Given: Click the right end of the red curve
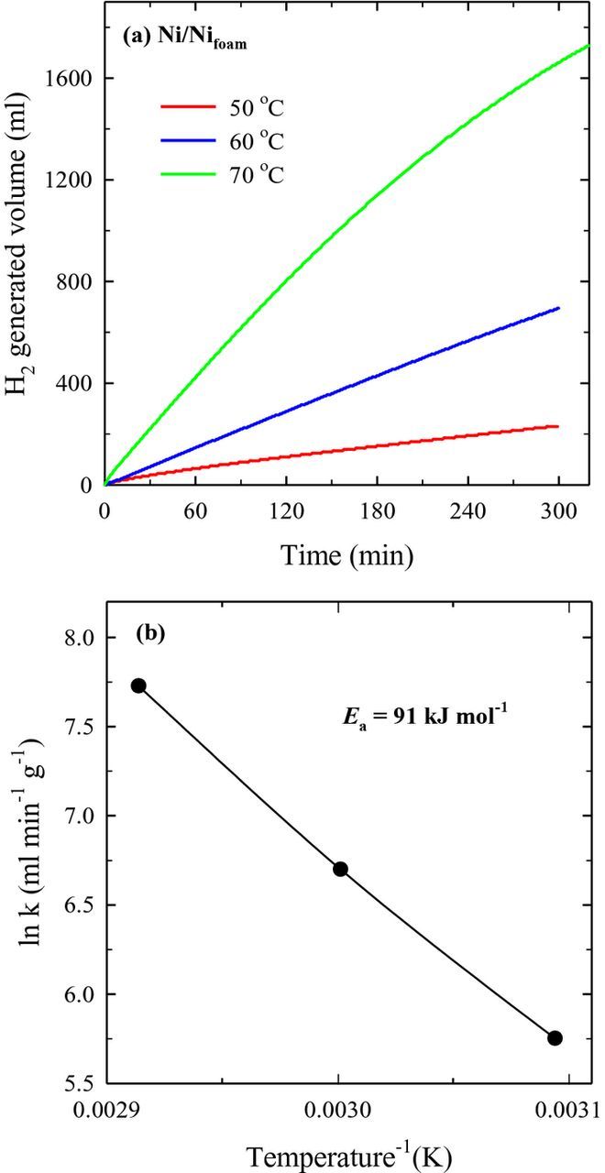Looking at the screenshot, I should pos(556,426).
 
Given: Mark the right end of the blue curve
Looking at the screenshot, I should pos(557,309).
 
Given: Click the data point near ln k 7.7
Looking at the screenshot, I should pos(138,685).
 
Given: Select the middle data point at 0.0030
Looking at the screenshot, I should pos(340,869).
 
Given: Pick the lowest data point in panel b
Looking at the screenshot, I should pos(555,1037).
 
